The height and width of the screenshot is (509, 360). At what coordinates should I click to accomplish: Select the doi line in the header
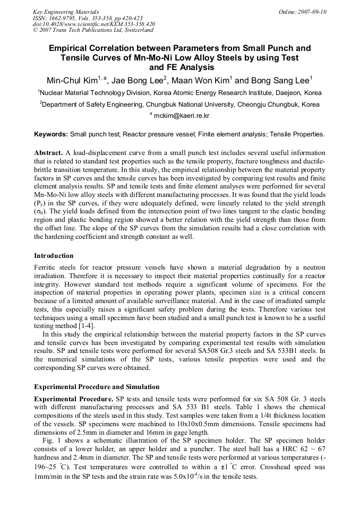[94, 24]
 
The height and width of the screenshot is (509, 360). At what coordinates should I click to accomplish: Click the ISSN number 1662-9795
[64, 18]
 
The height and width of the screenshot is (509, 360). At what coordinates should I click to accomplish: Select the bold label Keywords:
[51, 134]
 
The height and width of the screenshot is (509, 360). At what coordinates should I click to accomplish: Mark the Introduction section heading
[54, 255]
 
